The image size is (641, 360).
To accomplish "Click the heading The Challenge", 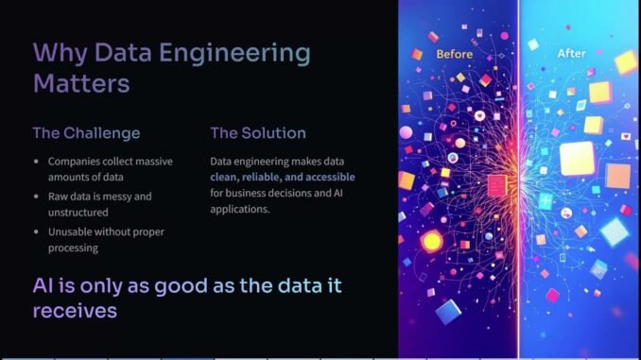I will (86, 133).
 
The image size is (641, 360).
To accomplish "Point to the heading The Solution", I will (258, 133).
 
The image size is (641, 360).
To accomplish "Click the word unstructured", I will (80, 214).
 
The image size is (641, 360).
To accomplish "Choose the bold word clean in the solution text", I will (226, 179).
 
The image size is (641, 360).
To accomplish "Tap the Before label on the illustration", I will (454, 54).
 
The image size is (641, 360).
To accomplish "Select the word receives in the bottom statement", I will (75, 309).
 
